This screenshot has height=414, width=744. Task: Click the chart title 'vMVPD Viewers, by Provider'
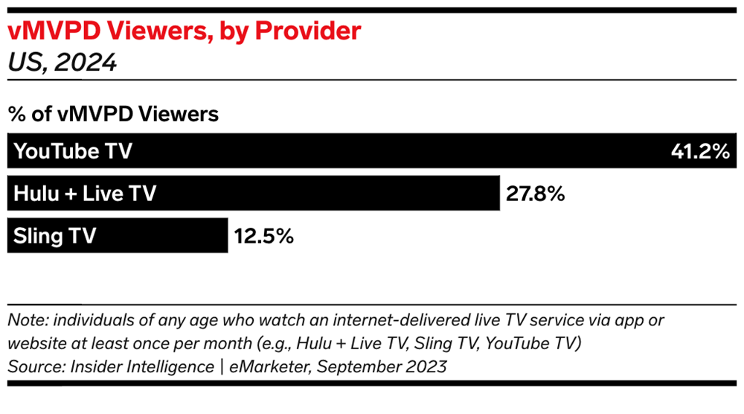click(184, 31)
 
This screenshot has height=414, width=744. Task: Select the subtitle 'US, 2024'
click(62, 63)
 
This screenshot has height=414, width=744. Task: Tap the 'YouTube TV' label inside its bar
click(73, 151)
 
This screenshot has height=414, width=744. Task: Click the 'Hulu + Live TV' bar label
click(85, 194)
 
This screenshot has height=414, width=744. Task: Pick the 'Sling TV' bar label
click(55, 237)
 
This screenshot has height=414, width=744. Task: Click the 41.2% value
click(699, 152)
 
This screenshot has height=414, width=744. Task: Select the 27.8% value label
click(536, 194)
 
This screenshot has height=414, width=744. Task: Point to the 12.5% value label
click(264, 237)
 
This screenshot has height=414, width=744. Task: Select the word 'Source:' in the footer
click(33, 366)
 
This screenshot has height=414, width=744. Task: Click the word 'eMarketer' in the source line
click(251, 366)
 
